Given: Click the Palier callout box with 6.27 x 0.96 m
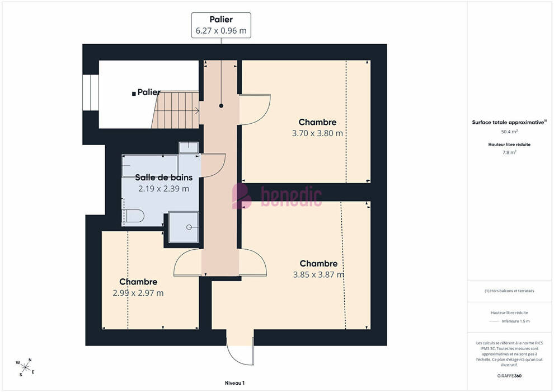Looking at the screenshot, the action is pos(221,25).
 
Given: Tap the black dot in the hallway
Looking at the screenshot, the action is pos(221,106).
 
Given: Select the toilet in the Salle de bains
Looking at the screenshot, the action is pos(133,216).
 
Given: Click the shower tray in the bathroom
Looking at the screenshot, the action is pos(184,227).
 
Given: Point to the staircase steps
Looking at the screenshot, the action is pos(176,110).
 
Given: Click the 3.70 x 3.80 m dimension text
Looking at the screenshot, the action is pos(317,133).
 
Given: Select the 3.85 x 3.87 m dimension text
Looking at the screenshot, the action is pos(318,274).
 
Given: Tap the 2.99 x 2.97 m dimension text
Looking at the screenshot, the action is pos(138,293).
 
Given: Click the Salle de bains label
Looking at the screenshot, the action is pos(164,178).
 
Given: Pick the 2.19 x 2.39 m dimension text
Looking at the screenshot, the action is pos(163,189).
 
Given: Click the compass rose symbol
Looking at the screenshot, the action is pos(25,367).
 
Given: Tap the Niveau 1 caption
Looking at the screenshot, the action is pos(234,383).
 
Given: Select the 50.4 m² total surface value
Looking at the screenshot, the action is pos(509,132).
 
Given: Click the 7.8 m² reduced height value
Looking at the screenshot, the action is pos(509,152).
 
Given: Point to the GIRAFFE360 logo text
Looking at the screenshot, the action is pos(509,376).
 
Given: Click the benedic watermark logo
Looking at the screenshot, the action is pos(277,196).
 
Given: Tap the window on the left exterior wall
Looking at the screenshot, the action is pos(91,92).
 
